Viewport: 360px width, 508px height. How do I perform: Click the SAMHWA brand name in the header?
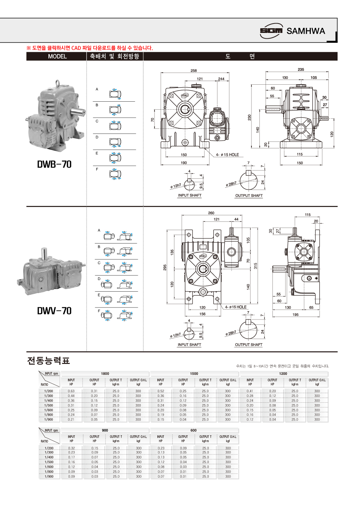(306, 31)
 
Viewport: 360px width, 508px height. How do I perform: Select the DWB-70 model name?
(54, 164)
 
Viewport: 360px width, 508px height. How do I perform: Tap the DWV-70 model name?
(54, 311)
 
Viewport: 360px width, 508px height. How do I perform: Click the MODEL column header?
(57, 56)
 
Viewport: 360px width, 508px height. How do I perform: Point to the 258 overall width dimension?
(194, 71)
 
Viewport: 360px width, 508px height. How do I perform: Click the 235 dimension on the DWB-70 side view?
(301, 69)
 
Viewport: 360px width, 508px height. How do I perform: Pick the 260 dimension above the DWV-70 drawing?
(211, 213)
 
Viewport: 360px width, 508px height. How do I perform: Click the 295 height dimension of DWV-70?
(165, 267)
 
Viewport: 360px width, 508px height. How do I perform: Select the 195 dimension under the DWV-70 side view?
(296, 314)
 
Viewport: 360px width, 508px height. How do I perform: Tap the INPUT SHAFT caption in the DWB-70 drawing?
(190, 195)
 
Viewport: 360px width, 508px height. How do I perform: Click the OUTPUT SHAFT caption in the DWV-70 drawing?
(249, 345)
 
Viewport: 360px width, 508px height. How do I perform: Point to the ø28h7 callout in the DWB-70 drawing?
(231, 184)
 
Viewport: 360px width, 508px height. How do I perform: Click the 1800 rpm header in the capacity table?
(105, 374)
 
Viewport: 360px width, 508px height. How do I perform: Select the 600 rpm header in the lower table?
(194, 431)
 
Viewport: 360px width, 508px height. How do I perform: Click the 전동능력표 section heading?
(48, 361)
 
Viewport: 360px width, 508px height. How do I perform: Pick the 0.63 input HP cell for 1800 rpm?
(71, 391)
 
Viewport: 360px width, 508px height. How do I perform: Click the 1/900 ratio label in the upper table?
(48, 420)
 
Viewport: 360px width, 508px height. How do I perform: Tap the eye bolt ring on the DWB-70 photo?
(57, 84)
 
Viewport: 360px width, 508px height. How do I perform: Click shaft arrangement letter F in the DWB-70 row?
(97, 169)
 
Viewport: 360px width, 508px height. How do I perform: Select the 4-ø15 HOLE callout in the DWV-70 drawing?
(236, 307)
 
